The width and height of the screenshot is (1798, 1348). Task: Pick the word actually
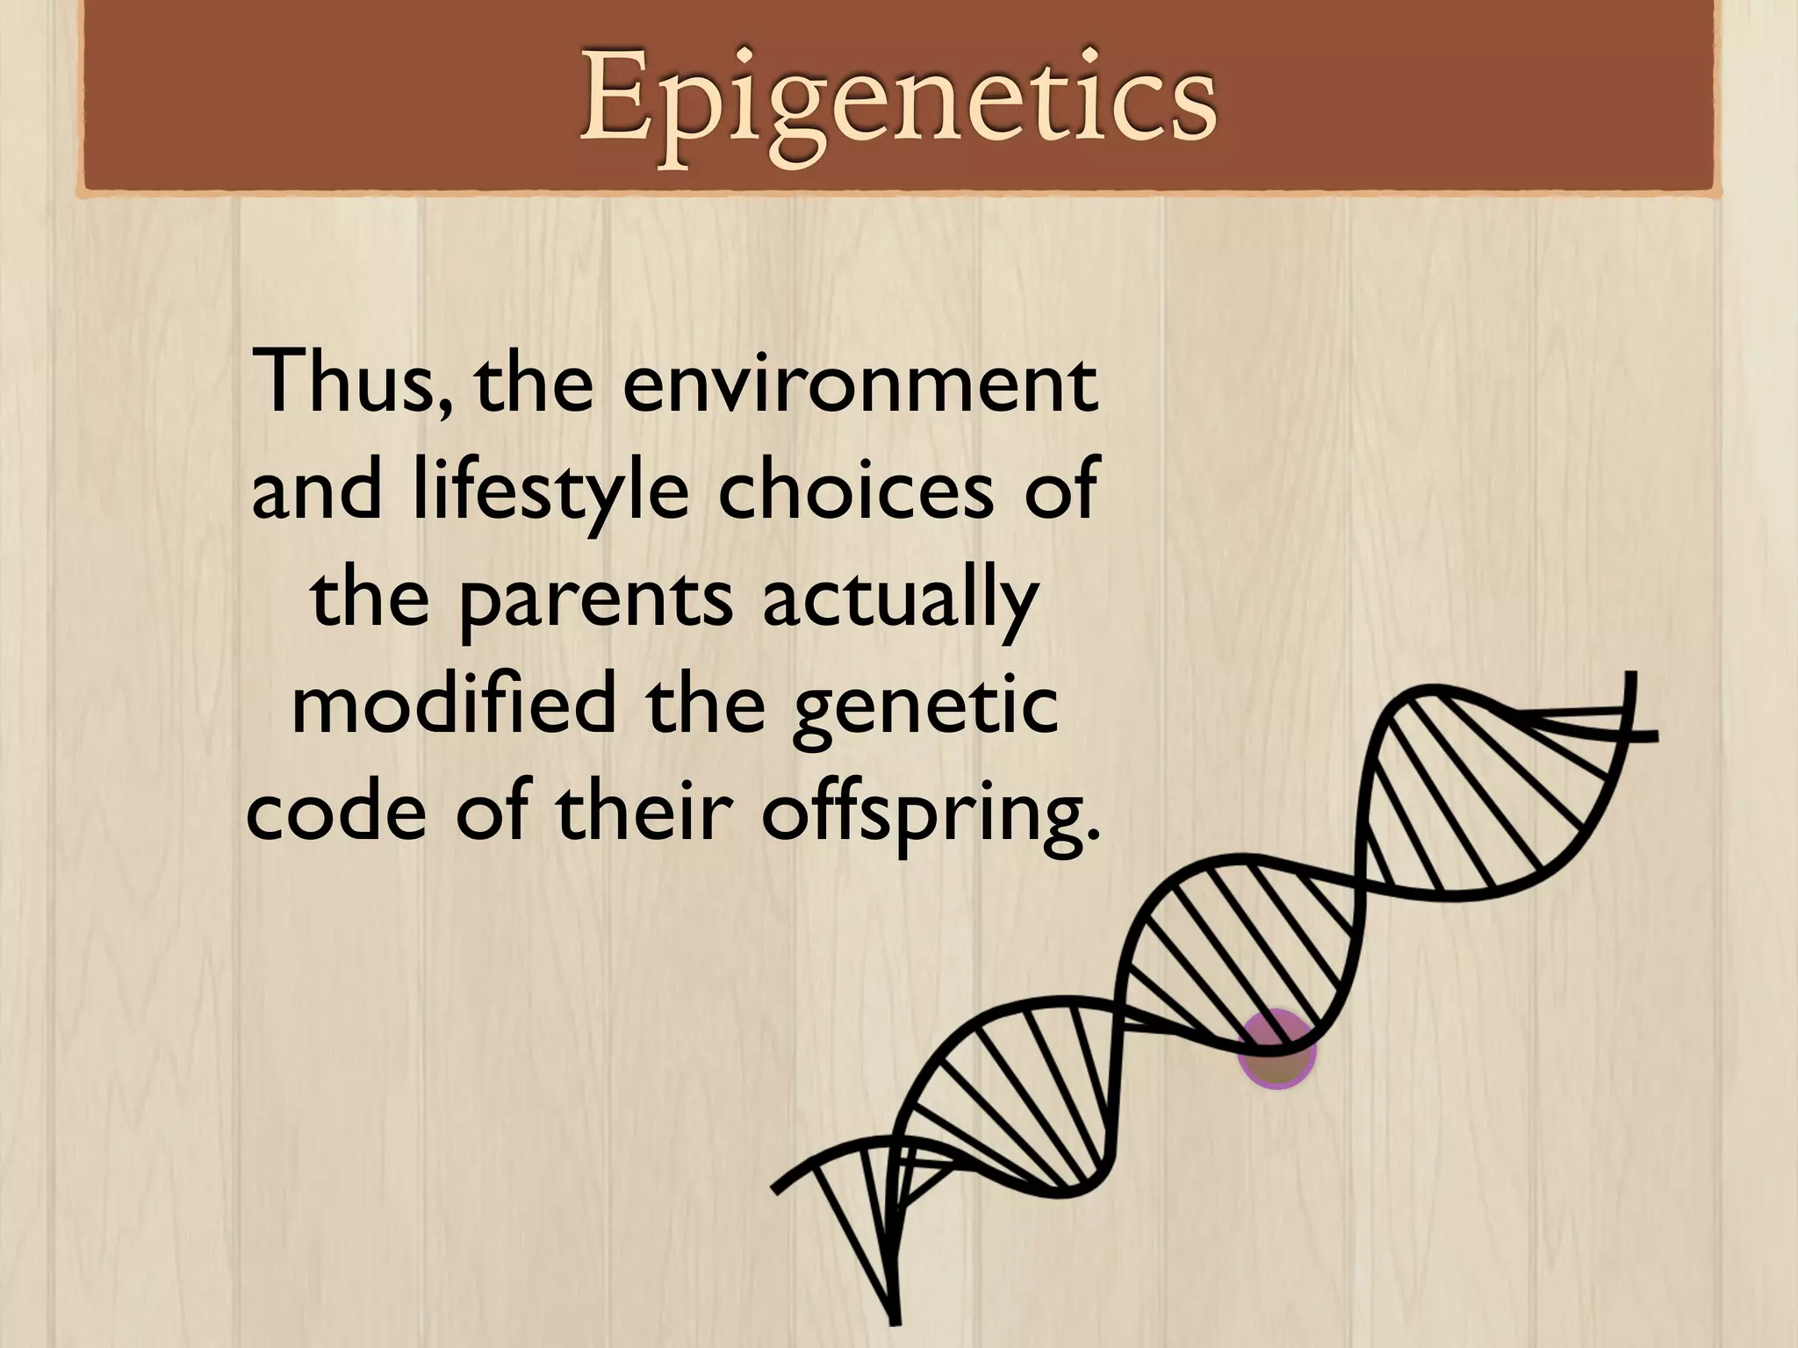(899, 602)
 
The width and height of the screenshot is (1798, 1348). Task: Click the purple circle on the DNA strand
(1276, 1050)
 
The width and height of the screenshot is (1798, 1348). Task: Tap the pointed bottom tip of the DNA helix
(894, 1316)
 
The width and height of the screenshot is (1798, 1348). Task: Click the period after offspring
(1091, 830)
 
